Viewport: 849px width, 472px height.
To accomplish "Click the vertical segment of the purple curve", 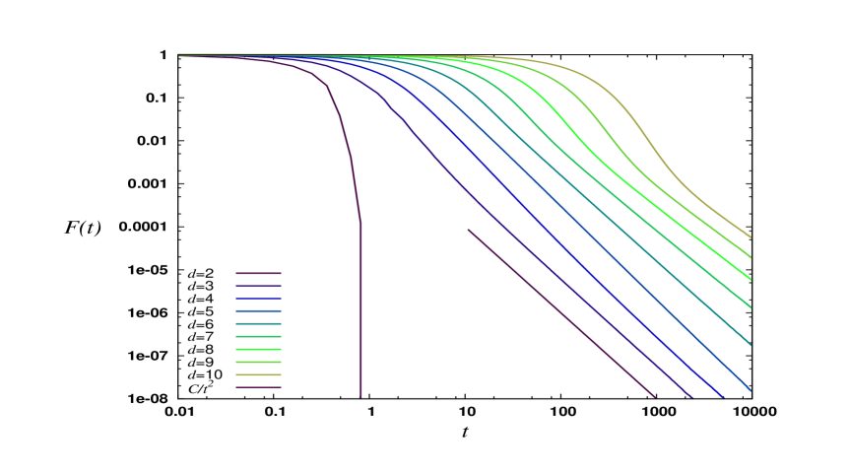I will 360,315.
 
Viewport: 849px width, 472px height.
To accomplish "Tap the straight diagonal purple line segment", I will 561,313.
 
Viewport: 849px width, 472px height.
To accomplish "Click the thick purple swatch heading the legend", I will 258,273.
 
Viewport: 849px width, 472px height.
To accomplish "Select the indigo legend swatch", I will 258,286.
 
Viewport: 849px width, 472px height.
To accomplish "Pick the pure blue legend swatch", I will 258,299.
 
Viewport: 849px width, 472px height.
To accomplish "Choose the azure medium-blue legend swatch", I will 258,310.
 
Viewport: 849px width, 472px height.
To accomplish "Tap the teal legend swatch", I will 258,323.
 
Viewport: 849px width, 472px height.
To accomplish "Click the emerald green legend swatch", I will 258,336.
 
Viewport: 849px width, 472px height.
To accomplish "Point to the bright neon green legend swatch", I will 258,349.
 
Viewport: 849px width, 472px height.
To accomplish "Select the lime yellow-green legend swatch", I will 258,362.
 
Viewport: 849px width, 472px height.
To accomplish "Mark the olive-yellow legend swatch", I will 258,374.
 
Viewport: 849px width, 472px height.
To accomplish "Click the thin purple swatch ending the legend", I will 258,387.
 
